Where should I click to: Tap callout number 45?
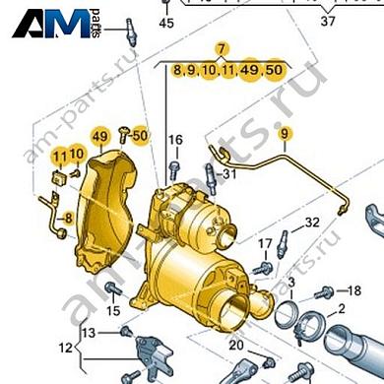[x=165, y=22]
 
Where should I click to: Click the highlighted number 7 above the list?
[x=223, y=49]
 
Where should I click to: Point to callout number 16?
[x=174, y=141]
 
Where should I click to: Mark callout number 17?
[x=265, y=244]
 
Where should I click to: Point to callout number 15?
[x=113, y=311]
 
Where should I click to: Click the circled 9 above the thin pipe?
[x=285, y=132]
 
